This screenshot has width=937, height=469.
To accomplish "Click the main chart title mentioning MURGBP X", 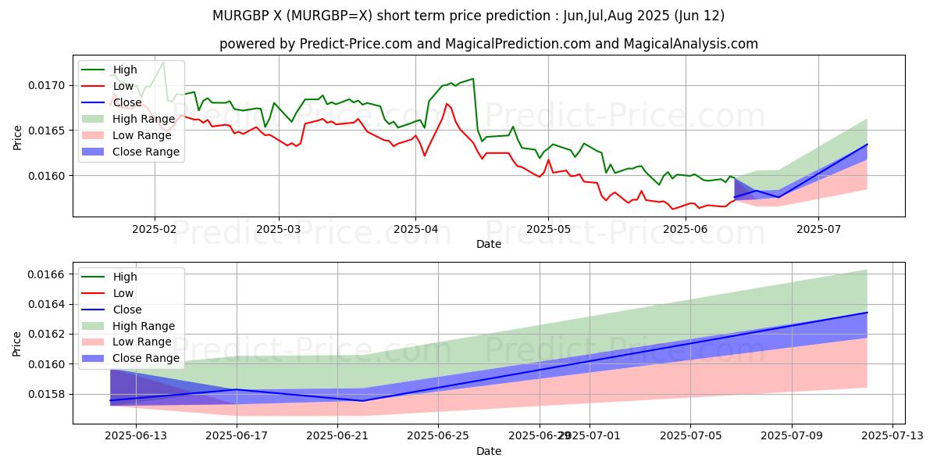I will (468, 16).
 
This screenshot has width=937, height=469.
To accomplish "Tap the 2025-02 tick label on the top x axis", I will (155, 229).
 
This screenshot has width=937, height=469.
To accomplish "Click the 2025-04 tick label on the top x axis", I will (415, 229).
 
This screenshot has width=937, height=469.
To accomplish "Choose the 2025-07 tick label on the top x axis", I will (818, 229).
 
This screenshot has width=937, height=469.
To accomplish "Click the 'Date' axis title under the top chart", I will (488, 244).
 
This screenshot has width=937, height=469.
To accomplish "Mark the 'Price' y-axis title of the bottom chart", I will (17, 342).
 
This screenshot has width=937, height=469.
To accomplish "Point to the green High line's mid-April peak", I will (472, 78).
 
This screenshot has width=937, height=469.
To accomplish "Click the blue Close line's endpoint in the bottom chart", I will (867, 313).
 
